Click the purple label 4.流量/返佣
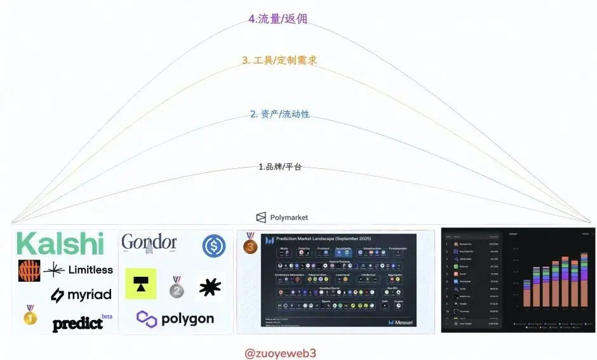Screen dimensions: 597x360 (278, 18)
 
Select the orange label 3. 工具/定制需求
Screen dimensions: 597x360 (279, 60)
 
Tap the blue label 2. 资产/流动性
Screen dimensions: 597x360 (279, 114)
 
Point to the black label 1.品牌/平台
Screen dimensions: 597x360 (279, 167)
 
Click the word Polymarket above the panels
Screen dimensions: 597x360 (289, 217)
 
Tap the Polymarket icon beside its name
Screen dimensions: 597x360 (261, 217)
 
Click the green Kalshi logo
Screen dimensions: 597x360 (60, 244)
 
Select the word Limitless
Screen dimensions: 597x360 (90, 270)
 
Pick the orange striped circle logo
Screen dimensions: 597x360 (29, 270)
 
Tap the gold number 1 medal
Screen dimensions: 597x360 (30, 315)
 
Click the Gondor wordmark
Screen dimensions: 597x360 (149, 243)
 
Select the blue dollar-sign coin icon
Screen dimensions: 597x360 (214, 246)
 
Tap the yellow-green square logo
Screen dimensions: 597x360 (141, 284)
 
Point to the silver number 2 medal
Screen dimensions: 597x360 (177, 287)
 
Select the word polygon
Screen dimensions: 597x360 (175, 318)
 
